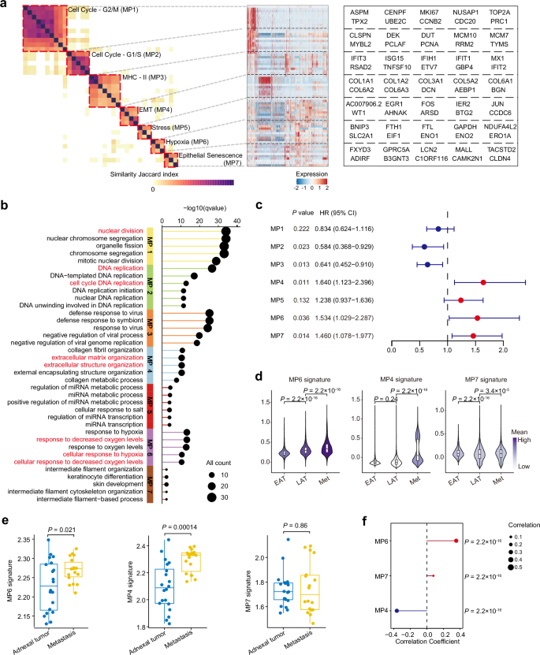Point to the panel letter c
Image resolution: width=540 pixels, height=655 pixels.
click(260, 206)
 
